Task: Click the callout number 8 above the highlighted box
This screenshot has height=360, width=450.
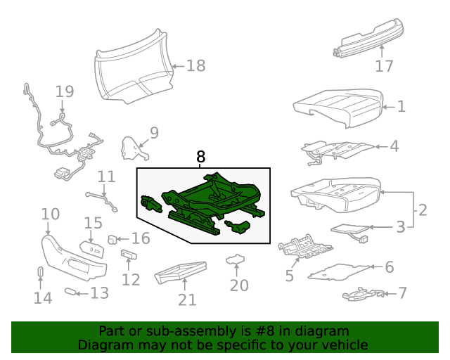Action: [200, 157]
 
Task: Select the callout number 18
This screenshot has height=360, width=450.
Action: [195, 65]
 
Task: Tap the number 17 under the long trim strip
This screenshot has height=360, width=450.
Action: [384, 66]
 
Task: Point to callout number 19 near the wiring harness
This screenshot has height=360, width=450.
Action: [65, 91]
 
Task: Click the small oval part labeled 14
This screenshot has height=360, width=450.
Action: [41, 271]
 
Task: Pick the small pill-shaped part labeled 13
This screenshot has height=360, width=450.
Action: [70, 292]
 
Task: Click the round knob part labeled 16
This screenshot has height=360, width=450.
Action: [112, 240]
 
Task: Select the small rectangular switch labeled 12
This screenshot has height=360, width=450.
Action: [129, 255]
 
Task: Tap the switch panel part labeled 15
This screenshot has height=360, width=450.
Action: [92, 249]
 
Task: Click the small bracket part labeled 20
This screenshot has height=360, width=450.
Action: [236, 259]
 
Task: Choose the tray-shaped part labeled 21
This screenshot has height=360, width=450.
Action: [180, 272]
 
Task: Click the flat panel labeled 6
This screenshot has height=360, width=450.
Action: [339, 272]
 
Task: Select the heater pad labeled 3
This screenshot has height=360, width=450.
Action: [349, 230]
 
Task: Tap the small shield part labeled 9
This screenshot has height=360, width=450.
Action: [134, 148]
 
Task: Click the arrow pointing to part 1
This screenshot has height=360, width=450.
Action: [390, 107]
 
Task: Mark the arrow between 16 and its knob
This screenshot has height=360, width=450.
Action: [123, 239]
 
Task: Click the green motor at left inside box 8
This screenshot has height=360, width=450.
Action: [151, 204]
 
